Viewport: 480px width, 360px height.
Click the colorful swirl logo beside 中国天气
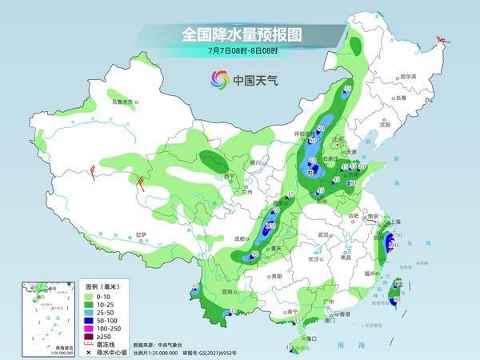(x=219, y=79)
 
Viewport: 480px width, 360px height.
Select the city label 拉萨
(x=141, y=234)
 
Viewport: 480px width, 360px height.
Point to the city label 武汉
(x=323, y=234)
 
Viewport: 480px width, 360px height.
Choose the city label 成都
(x=238, y=238)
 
